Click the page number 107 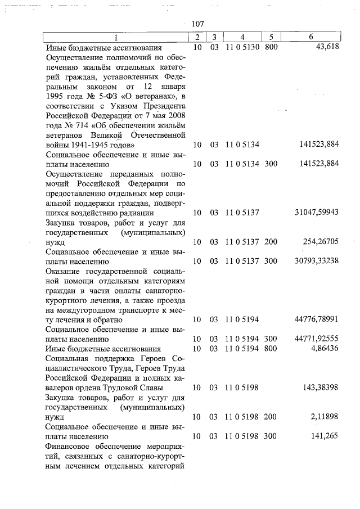[x=197, y=24]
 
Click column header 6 [x=311, y=38]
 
